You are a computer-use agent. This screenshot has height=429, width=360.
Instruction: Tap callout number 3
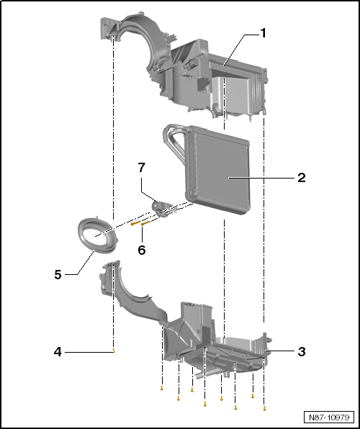coord(302,351)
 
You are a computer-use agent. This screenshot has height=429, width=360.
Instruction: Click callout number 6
coord(142,250)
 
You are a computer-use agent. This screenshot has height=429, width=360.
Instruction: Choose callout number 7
coord(142,168)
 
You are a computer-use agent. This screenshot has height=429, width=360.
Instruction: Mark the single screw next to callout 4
coord(114,351)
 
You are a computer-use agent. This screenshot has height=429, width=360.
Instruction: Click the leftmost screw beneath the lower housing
coord(162,389)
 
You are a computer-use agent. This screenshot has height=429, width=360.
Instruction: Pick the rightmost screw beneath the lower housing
coord(265,408)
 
